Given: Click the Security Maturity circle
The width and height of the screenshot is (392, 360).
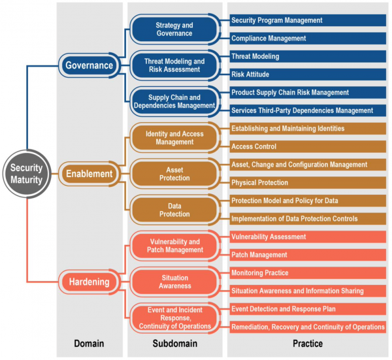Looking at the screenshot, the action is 27,174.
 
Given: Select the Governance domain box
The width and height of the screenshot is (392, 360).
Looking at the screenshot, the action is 90,65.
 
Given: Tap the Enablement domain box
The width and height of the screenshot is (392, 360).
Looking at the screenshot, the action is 90,174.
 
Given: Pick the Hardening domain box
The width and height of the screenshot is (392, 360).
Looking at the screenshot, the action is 90,282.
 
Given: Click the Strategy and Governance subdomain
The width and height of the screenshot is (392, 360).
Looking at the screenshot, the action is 174,29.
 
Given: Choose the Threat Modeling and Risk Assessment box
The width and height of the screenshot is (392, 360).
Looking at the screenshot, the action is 174,65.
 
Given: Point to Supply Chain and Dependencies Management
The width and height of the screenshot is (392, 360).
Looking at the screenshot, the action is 174,101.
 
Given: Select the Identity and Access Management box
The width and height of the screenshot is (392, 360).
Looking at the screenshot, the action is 174,138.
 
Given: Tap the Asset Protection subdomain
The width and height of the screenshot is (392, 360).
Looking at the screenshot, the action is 174,174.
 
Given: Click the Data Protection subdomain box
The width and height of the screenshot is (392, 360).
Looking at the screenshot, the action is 174,210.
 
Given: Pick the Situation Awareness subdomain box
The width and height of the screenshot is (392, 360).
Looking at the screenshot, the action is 174,282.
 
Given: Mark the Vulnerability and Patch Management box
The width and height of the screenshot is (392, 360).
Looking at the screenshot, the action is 174,246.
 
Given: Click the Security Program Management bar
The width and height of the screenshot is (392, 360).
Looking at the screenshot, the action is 308,20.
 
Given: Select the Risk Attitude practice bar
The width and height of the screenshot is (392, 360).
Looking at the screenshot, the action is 308,74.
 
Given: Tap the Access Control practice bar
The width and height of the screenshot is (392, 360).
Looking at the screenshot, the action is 308,146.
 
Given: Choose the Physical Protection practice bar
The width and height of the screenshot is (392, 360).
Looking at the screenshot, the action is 308,182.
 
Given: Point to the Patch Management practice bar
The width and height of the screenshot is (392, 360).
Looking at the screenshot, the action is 308,255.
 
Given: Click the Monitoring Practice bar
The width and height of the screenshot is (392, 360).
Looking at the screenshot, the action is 308,272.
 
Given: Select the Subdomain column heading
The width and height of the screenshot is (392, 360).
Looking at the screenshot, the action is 174,344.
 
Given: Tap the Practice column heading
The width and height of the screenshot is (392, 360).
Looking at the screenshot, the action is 308,344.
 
